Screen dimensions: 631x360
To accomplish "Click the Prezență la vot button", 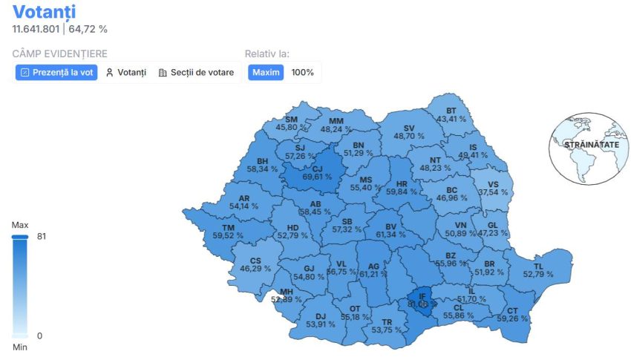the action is [57, 73].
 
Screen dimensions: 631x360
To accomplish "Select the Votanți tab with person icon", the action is [125, 73].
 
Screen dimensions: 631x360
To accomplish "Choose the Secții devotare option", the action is [197, 73].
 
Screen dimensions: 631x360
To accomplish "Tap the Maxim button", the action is [266, 73].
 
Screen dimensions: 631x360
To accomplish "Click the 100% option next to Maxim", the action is [302, 73].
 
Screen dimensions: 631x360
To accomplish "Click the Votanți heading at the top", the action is [44, 12].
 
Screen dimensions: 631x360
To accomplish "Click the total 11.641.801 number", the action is [36, 29].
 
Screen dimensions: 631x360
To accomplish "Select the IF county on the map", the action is [422, 296].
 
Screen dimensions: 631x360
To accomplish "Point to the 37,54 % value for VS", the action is [493, 192].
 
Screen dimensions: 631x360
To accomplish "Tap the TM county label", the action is [228, 226].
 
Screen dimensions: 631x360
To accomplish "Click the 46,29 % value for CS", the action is [255, 269].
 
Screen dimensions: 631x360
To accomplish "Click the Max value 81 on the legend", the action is [41, 237].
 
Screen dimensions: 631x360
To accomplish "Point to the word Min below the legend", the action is [20, 347].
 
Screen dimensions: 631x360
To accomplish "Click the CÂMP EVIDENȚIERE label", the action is [59, 53].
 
